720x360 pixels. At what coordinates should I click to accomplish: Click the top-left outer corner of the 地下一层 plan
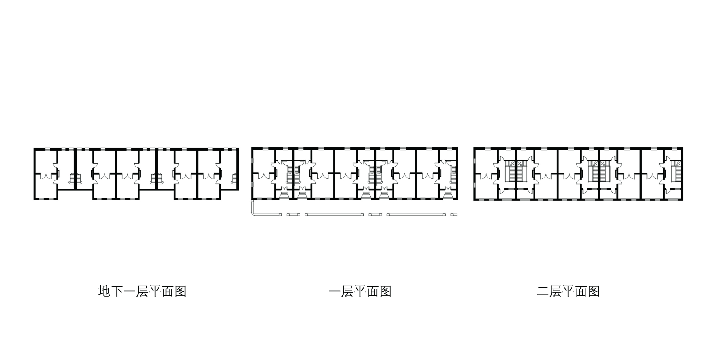pyautogui.click(x=34, y=148)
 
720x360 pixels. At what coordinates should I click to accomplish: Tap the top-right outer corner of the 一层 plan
pyautogui.click(x=458, y=148)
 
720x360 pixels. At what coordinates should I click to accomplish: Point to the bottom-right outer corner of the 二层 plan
pyautogui.click(x=683, y=200)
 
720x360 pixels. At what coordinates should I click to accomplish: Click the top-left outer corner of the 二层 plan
pyautogui.click(x=474, y=148)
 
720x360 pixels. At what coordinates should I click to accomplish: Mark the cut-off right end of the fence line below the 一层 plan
pyautogui.click(x=458, y=215)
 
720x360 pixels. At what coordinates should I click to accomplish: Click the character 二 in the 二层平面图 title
pyautogui.click(x=543, y=291)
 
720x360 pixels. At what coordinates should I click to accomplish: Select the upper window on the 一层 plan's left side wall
pyautogui.click(x=252, y=161)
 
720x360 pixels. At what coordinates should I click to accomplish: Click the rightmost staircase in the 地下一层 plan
pyautogui.click(x=234, y=178)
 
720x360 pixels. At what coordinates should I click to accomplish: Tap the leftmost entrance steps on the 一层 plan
pyautogui.click(x=284, y=194)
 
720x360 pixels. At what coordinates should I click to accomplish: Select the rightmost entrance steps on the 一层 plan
pyautogui.click(x=448, y=194)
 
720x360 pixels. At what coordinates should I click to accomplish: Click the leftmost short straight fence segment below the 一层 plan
pyautogui.click(x=293, y=215)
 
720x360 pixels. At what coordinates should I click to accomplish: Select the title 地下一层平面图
pyautogui.click(x=142, y=291)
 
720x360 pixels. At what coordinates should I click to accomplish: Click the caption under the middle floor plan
pyautogui.click(x=360, y=291)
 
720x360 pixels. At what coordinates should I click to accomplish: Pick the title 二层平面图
pyautogui.click(x=568, y=291)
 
